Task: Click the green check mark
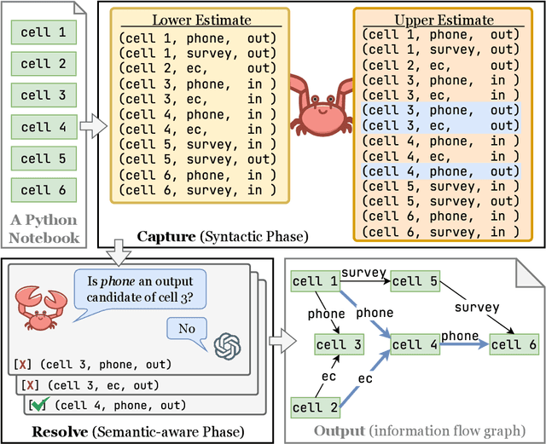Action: click(39, 403)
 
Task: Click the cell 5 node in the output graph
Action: click(415, 282)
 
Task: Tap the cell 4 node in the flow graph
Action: click(415, 344)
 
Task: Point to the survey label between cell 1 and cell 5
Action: click(363, 274)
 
